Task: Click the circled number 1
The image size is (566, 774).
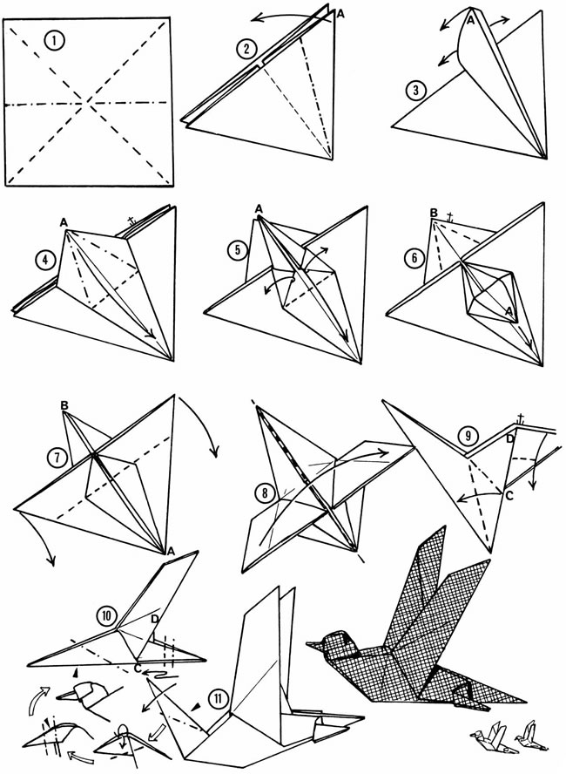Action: tap(54, 41)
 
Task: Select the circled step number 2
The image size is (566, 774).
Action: tap(246, 49)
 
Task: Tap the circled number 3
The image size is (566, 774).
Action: tap(416, 91)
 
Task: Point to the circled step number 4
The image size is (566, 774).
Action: tap(45, 260)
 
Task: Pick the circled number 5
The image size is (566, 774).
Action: tap(238, 250)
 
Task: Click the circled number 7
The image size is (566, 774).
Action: tap(57, 458)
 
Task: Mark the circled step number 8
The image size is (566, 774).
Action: tap(265, 492)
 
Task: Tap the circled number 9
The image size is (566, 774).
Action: tap(468, 436)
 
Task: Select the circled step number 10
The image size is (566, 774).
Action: tap(107, 615)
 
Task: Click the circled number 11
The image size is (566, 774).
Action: tap(218, 698)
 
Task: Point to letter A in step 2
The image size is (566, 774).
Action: tap(340, 14)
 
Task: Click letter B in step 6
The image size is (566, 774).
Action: tap(434, 213)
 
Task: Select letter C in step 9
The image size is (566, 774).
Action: tap(509, 496)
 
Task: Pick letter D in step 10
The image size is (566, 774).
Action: tap(155, 619)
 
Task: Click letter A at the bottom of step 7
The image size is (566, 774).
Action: tap(171, 551)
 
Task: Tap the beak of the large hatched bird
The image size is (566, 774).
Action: tap(313, 645)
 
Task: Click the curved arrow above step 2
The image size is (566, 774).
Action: tap(291, 17)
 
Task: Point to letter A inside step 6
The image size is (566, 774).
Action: tap(509, 311)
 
